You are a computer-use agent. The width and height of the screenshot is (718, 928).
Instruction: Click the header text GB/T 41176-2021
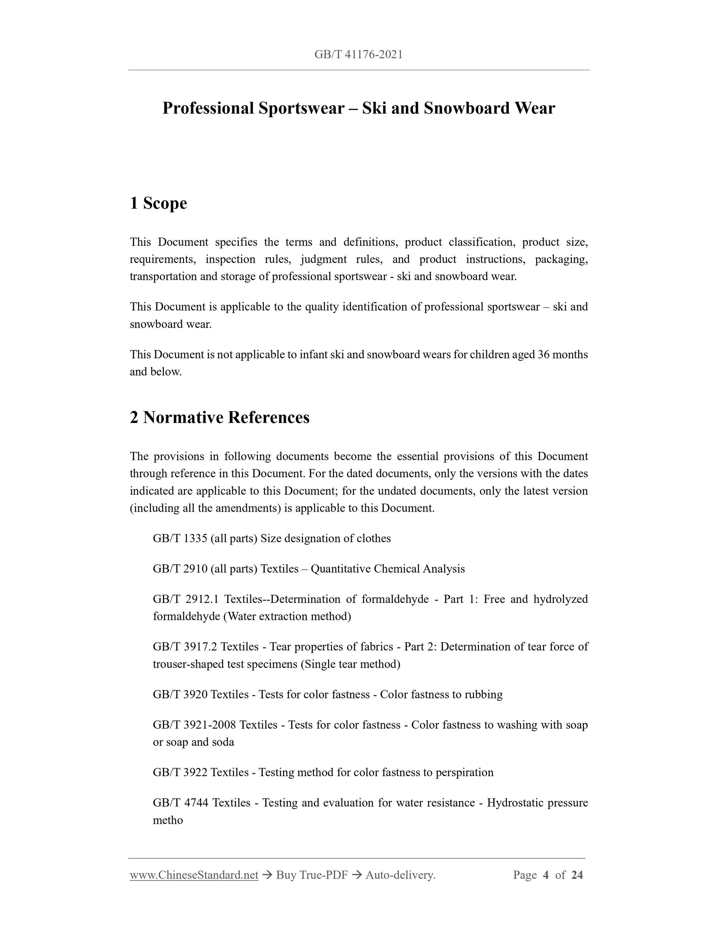(x=359, y=55)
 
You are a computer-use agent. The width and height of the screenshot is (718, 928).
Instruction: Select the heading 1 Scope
(x=158, y=203)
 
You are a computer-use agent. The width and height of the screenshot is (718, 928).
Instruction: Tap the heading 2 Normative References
(x=220, y=417)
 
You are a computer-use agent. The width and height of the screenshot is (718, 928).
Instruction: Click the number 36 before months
(x=543, y=355)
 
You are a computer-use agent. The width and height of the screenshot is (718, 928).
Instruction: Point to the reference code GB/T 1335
(x=180, y=538)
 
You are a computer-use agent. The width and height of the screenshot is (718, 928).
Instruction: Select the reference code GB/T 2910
(x=180, y=569)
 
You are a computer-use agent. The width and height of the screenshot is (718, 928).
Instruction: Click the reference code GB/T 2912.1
(x=186, y=599)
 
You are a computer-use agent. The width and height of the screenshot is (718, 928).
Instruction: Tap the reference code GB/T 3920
(x=180, y=694)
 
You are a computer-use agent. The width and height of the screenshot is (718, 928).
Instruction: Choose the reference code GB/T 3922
(x=180, y=772)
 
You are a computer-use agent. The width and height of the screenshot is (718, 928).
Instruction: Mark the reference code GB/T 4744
(x=180, y=803)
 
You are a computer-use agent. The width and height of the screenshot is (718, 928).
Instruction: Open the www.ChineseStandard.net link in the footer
(x=194, y=875)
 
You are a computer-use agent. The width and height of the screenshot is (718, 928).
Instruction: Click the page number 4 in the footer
(x=546, y=875)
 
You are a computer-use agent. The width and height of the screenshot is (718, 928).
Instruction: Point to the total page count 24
(x=577, y=875)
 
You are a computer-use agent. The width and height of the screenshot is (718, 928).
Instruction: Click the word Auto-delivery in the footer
(x=400, y=875)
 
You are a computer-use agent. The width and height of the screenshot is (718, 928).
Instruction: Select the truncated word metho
(x=168, y=820)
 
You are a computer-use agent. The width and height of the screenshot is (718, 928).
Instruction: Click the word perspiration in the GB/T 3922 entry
(x=465, y=772)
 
